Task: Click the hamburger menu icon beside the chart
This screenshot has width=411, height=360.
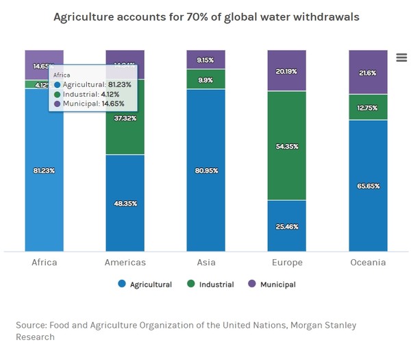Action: [x=401, y=58]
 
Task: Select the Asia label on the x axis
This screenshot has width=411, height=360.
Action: [x=206, y=263]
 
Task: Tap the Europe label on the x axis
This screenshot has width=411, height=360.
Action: [x=286, y=263]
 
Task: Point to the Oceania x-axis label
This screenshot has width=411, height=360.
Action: [x=368, y=263]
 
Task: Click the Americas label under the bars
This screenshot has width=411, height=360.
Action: [x=125, y=263]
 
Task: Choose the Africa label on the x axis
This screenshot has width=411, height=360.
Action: [x=45, y=263]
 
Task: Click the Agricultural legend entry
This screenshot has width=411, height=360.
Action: [x=145, y=284]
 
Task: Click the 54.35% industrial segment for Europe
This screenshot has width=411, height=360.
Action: [x=286, y=145]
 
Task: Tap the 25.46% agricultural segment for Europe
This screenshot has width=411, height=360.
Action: [x=286, y=226]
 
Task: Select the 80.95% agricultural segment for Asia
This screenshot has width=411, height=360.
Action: [x=206, y=170]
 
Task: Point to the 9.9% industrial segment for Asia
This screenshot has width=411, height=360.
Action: [x=206, y=80]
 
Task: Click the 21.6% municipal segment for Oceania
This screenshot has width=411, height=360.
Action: [x=368, y=72]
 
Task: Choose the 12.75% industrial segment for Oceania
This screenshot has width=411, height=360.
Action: [x=368, y=107]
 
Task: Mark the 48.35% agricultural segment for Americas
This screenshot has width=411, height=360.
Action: [x=125, y=203]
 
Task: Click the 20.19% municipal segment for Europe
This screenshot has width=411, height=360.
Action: [x=286, y=70]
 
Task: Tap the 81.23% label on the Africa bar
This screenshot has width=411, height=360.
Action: [x=44, y=170]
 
